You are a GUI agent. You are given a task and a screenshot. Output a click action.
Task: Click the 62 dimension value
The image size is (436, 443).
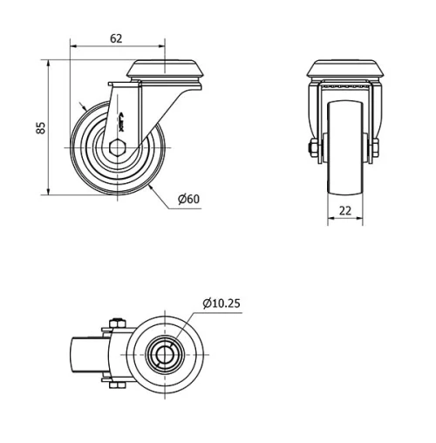point(116,38)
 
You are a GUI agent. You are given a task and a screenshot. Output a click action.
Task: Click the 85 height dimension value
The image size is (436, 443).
point(39,127)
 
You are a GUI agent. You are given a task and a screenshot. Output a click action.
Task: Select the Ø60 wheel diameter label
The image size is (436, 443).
point(188,199)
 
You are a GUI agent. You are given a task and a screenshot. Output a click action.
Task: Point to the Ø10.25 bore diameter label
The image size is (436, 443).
point(221,303)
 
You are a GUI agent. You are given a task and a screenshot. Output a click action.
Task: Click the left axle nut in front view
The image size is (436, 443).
point(312,150)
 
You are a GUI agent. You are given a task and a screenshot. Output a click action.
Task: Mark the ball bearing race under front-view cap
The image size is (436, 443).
point(344,89)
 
